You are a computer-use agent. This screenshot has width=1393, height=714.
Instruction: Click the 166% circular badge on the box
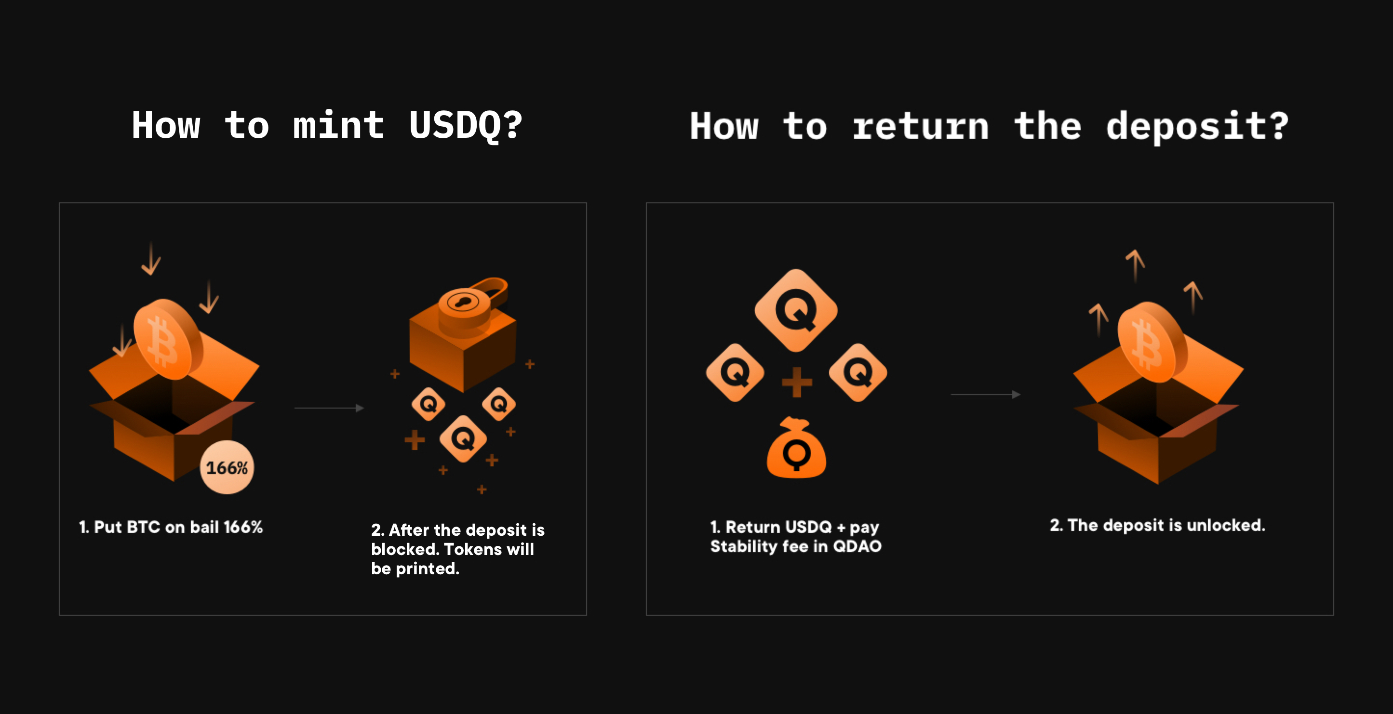227,467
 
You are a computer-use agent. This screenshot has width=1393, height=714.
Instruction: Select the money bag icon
797,448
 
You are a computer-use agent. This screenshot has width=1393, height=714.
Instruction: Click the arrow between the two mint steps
329,408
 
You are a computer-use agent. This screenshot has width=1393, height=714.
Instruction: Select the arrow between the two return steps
985,395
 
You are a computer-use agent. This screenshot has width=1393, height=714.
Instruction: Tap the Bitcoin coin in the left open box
168,339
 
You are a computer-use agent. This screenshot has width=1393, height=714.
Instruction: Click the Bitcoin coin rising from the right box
1152,342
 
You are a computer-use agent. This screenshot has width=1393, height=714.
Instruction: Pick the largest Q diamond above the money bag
796,310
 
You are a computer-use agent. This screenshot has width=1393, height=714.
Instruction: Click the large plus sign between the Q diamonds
797,382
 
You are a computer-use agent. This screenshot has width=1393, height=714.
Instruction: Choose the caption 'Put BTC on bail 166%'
171,527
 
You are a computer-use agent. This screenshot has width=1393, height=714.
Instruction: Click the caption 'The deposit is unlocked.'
1157,525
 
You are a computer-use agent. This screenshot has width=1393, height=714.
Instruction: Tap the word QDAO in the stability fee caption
857,546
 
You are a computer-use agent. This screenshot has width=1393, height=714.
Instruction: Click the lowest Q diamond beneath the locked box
463,438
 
